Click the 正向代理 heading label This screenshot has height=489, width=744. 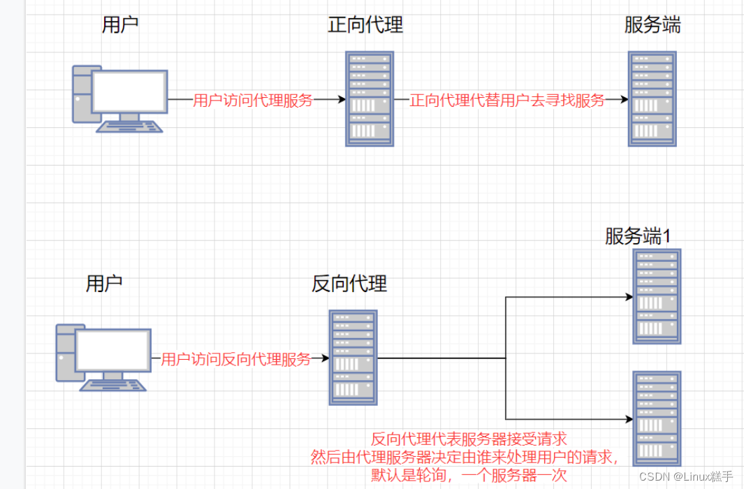(365, 26)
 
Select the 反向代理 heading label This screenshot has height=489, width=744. (349, 284)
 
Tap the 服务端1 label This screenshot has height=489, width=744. (638, 236)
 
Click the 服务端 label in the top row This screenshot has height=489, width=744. (652, 26)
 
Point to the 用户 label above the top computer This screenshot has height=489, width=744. (120, 26)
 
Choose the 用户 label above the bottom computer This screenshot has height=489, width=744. (104, 284)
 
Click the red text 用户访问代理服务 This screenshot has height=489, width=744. (253, 100)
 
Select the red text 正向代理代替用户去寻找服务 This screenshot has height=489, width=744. (507, 100)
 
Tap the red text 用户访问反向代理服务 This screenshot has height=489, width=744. (236, 359)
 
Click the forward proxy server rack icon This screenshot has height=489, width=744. (370, 98)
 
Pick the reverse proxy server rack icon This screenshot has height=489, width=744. (353, 357)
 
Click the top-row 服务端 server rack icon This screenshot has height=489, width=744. (652, 98)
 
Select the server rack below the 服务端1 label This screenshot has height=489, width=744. (657, 296)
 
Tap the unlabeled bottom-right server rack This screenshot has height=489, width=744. (657, 418)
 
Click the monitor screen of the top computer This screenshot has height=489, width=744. (129, 92)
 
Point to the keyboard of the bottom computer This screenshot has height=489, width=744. (113, 384)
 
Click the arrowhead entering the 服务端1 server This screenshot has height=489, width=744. (629, 297)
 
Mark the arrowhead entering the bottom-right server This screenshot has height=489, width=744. (629, 419)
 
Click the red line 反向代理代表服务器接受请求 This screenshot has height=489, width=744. (468, 439)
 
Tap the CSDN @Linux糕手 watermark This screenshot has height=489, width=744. (694, 476)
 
